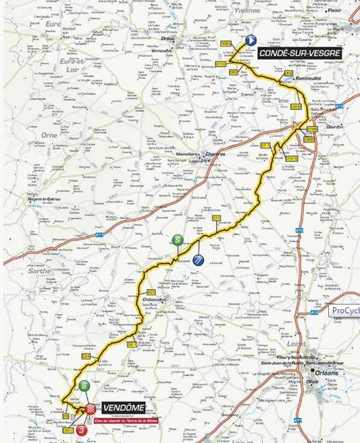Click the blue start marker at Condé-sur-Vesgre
point(251,40)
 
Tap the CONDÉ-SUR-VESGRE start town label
point(299,53)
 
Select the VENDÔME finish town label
point(125,408)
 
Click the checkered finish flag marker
point(91,409)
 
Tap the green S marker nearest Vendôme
point(83,386)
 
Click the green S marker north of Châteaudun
point(178,239)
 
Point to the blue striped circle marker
point(198,260)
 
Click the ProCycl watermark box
point(344,311)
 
